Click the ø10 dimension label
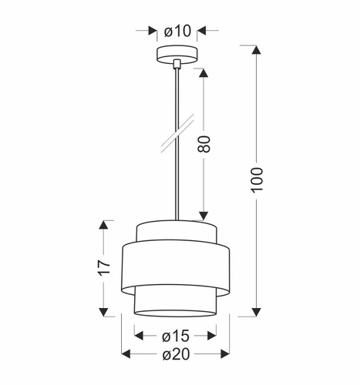point(177,32)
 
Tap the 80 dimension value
point(204,145)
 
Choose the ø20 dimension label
point(177,353)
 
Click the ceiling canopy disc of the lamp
point(177,55)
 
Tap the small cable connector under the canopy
point(177,64)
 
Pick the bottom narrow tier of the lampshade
point(177,303)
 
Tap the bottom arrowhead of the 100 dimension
point(257,311)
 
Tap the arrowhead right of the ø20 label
point(225,353)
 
